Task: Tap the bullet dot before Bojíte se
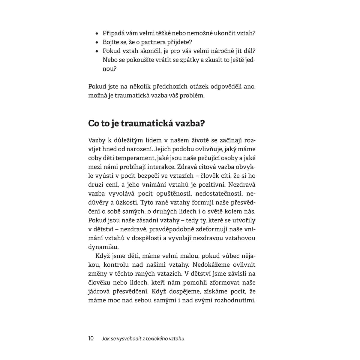pyautogui.click(x=97, y=43)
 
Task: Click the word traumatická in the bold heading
pyautogui.click(x=148, y=124)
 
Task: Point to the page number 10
pyautogui.click(x=91, y=339)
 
